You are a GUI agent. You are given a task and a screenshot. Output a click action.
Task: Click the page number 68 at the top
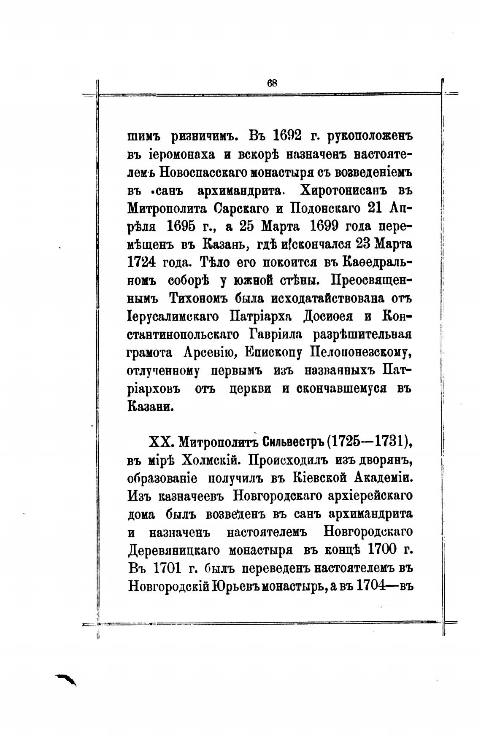click(x=272, y=83)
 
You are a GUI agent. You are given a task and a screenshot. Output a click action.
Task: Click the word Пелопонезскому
click(x=358, y=353)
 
